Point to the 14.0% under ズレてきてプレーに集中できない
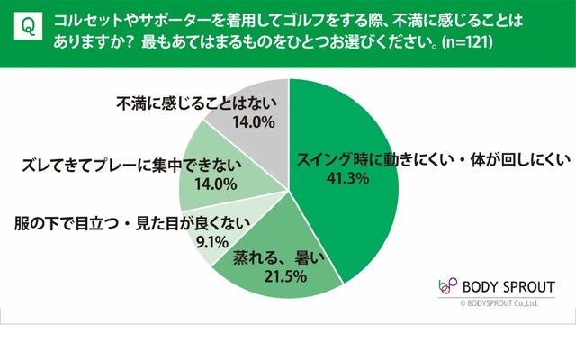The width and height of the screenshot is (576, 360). (x=215, y=184)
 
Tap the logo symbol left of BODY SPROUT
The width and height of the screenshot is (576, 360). (x=447, y=286)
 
